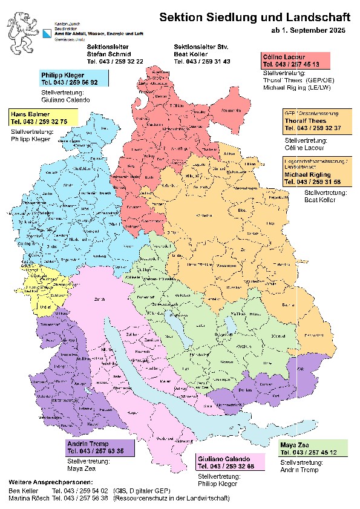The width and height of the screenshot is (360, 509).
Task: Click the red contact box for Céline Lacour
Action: (x=296, y=60)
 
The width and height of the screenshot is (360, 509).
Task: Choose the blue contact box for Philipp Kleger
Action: (x=74, y=77)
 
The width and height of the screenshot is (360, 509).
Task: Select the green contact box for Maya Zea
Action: (x=313, y=448)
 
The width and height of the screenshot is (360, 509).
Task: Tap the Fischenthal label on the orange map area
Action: (x=313, y=335)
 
